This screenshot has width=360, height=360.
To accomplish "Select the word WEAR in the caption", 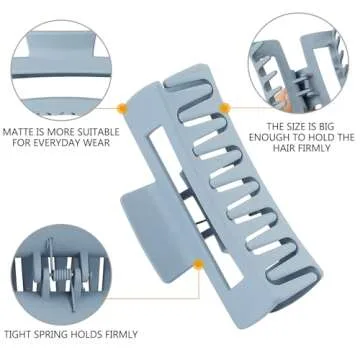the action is click(x=97, y=144).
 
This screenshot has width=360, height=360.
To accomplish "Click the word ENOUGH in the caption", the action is click(x=268, y=137).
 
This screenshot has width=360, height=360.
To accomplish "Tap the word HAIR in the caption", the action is click(x=284, y=148).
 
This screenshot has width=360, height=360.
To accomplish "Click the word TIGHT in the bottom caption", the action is click(x=17, y=334).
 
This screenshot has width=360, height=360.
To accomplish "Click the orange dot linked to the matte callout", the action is click(x=123, y=108).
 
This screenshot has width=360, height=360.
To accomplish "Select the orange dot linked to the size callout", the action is click(x=225, y=108).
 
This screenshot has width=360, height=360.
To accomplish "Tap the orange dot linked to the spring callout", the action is click(x=199, y=264).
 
